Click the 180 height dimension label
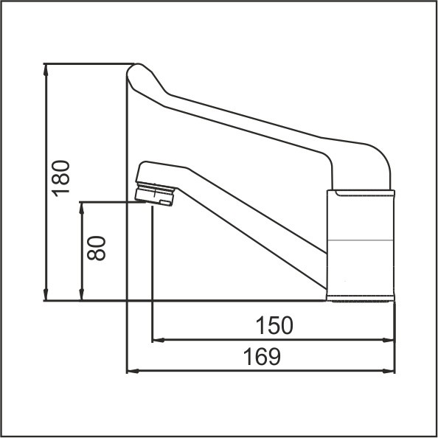pos(60,178)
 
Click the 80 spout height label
pos(97,248)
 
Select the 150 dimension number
pos(274,325)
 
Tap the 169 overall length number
pos(262,356)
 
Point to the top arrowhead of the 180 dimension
pos(46,69)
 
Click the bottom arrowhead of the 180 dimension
pos(46,295)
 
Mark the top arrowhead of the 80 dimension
pos(82,208)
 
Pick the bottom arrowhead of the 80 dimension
pos(82,295)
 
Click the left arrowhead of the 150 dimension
pos(159,340)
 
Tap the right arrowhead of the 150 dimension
pos(388,340)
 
